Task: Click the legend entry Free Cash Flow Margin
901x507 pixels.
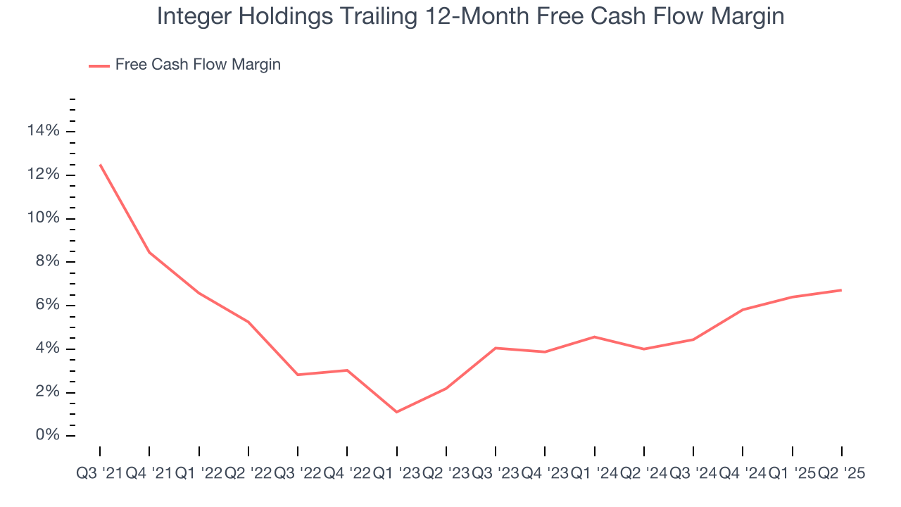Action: [198, 65]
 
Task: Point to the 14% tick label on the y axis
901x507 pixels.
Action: [43, 131]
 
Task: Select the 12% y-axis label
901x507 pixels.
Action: [43, 175]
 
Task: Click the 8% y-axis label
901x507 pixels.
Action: [48, 262]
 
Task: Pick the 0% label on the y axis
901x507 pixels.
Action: [48, 436]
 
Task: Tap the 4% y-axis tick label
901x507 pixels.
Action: [48, 349]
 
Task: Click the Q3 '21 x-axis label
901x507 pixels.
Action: [99, 474]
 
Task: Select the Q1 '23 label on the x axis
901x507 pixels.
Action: [396, 474]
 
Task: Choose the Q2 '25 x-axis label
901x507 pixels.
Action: [841, 474]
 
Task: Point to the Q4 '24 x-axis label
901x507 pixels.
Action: [743, 474]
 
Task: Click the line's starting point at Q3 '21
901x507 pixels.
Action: [100, 165]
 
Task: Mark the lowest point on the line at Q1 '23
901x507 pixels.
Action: [397, 412]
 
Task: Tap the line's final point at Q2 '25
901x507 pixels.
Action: [842, 290]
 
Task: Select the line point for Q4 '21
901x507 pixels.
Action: [149, 252]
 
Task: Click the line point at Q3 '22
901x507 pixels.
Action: [298, 375]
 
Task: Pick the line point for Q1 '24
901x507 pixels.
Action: [595, 337]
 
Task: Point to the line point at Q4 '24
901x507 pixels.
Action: [743, 310]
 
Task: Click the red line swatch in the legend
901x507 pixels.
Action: [99, 65]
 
